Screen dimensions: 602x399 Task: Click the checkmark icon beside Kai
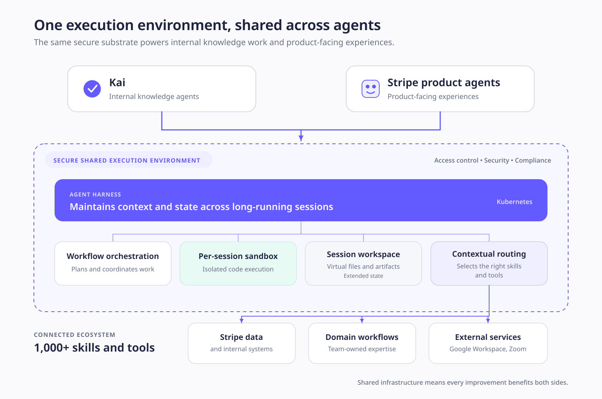click(x=92, y=89)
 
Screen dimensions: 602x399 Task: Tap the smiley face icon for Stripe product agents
click(x=371, y=89)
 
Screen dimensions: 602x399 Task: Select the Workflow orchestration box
click(x=113, y=263)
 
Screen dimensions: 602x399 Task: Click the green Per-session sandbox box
click(x=238, y=263)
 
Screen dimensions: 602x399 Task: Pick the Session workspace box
click(x=363, y=263)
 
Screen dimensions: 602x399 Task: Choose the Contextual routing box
click(x=489, y=263)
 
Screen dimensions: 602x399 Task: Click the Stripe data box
click(x=242, y=343)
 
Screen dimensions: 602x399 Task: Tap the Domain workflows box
click(x=362, y=343)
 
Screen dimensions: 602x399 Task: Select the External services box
click(x=488, y=343)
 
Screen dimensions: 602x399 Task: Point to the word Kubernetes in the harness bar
click(x=514, y=202)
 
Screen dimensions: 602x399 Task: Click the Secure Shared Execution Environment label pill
click(x=129, y=160)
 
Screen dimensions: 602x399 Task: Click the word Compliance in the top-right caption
click(x=533, y=160)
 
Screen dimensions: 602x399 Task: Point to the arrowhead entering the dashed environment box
click(x=301, y=138)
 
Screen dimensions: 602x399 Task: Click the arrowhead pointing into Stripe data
click(x=242, y=320)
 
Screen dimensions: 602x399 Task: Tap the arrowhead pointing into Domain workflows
click(x=362, y=320)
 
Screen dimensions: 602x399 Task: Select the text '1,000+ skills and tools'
click(x=94, y=347)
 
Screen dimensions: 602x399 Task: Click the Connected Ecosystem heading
click(x=75, y=335)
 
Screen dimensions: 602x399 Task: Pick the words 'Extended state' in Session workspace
click(x=363, y=276)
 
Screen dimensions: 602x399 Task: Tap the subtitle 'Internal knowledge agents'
click(x=154, y=96)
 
